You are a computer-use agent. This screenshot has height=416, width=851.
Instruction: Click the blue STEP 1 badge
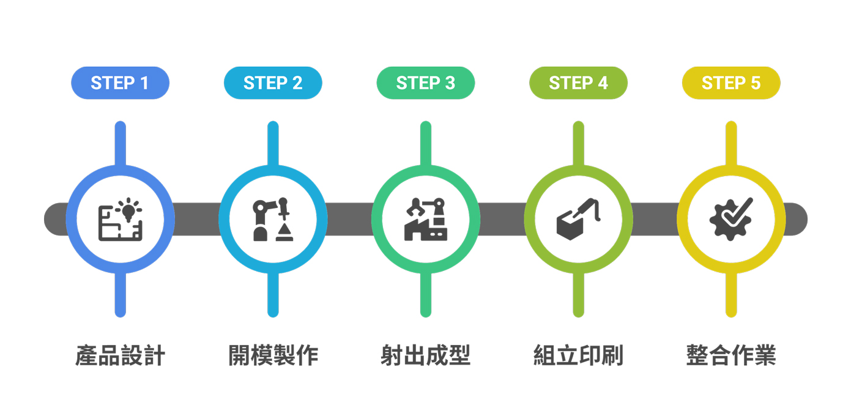(120, 83)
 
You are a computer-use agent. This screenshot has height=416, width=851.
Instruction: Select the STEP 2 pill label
(273, 83)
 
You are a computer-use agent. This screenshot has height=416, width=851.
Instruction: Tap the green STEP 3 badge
(426, 83)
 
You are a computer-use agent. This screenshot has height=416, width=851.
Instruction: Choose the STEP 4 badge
(578, 83)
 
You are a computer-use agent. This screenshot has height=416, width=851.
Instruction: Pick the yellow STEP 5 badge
(731, 83)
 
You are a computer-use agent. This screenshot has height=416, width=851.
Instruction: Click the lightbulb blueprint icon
(120, 219)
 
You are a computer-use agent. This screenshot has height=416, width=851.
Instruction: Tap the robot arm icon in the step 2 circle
(273, 219)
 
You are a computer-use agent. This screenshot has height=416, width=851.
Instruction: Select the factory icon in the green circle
(426, 219)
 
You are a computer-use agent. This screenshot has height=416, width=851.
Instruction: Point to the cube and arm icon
(578, 219)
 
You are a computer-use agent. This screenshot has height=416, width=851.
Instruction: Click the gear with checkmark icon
(731, 219)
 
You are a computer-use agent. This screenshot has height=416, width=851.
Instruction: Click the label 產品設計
(120, 355)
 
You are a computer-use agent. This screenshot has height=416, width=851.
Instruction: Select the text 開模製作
(273, 355)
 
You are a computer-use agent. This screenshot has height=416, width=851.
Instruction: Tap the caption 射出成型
(426, 355)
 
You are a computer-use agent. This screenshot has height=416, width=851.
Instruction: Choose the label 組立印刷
(579, 355)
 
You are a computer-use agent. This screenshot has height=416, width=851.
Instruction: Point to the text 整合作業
(731, 355)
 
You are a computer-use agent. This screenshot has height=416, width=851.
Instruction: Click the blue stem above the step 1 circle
(120, 144)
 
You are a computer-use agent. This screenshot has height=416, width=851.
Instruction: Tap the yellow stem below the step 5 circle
(731, 294)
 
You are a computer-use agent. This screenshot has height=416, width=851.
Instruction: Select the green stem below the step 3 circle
(426, 294)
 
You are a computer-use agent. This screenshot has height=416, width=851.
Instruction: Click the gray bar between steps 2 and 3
(349, 219)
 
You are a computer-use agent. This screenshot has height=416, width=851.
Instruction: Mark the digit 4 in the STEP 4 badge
(603, 83)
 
